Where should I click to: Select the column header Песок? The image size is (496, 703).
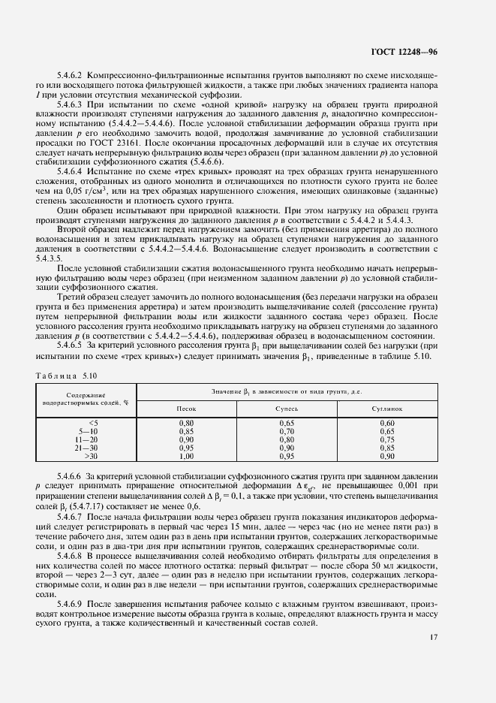(186, 409)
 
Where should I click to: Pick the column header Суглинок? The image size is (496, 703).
(386, 409)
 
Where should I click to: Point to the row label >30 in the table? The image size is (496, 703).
(91, 455)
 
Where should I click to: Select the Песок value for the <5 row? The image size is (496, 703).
(186, 424)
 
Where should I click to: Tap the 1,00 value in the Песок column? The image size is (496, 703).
(186, 455)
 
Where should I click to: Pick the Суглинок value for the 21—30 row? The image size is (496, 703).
(386, 447)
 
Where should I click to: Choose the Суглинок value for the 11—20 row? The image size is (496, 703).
(386, 439)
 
